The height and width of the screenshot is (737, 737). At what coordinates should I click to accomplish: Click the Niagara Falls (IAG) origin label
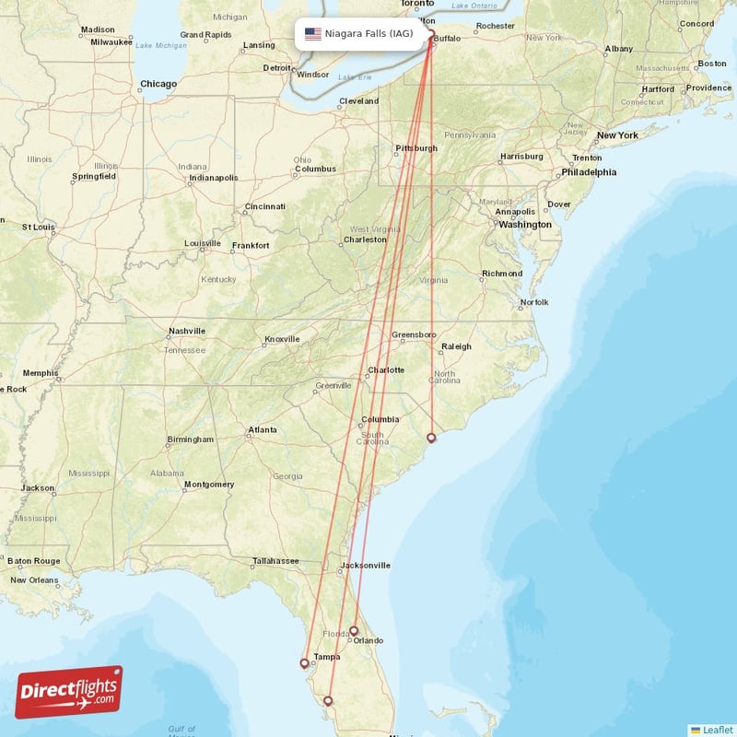click(x=368, y=34)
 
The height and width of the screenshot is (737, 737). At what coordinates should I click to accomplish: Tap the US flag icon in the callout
click(x=313, y=34)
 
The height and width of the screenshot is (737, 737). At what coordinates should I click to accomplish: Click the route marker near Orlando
click(x=354, y=631)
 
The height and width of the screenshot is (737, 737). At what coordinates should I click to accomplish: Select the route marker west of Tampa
click(x=304, y=661)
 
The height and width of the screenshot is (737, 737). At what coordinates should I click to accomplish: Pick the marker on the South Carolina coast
click(x=431, y=437)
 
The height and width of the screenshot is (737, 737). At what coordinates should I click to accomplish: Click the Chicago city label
click(x=158, y=84)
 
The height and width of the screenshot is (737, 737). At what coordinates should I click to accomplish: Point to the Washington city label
click(x=526, y=224)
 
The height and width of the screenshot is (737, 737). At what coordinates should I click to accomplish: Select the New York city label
click(x=617, y=135)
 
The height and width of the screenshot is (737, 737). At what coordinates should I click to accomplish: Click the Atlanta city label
click(x=262, y=429)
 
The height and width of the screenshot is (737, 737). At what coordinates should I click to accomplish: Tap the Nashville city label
click(x=188, y=332)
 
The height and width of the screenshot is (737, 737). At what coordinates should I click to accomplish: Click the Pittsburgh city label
click(x=415, y=148)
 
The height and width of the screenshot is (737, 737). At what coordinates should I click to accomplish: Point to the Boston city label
click(x=711, y=64)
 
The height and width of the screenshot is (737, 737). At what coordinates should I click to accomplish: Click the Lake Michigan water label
click(x=161, y=45)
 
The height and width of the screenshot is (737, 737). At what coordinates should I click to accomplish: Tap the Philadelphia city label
click(x=589, y=171)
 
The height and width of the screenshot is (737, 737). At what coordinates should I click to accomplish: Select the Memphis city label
click(x=40, y=373)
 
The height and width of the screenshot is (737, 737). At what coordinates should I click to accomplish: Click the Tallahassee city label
click(x=275, y=560)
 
